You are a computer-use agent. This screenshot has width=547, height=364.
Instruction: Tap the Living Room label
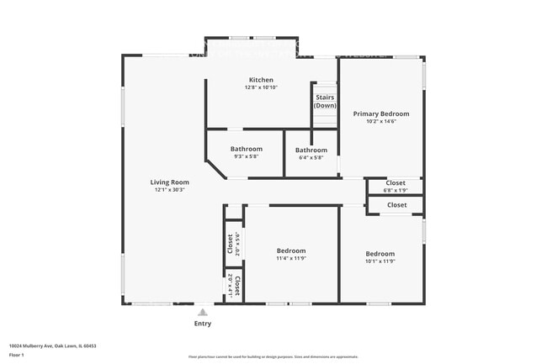pos(169,182)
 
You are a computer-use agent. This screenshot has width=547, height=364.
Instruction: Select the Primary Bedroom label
pos(380,113)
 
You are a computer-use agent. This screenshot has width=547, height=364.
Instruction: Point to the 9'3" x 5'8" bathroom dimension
pos(247,157)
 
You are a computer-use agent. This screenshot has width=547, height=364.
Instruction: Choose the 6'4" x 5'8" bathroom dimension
pos(311,158)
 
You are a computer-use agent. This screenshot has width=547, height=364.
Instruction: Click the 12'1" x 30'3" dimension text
pos(169,190)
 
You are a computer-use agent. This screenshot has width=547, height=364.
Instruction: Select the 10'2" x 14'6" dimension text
pos(380,121)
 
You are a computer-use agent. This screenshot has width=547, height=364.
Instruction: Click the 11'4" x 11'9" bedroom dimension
pos(291,259)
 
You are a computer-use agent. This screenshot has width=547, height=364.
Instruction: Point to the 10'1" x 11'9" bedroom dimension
pos(380,261)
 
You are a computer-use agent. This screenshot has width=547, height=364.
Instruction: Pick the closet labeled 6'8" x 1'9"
pos(396,187)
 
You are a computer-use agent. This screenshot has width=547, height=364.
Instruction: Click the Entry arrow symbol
pos(202,312)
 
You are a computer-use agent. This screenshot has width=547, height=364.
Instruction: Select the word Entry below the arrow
pos(203,324)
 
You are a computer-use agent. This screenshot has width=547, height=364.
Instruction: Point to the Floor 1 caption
pos(18,355)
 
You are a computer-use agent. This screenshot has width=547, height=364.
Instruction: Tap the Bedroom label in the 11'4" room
pos(291,251)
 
